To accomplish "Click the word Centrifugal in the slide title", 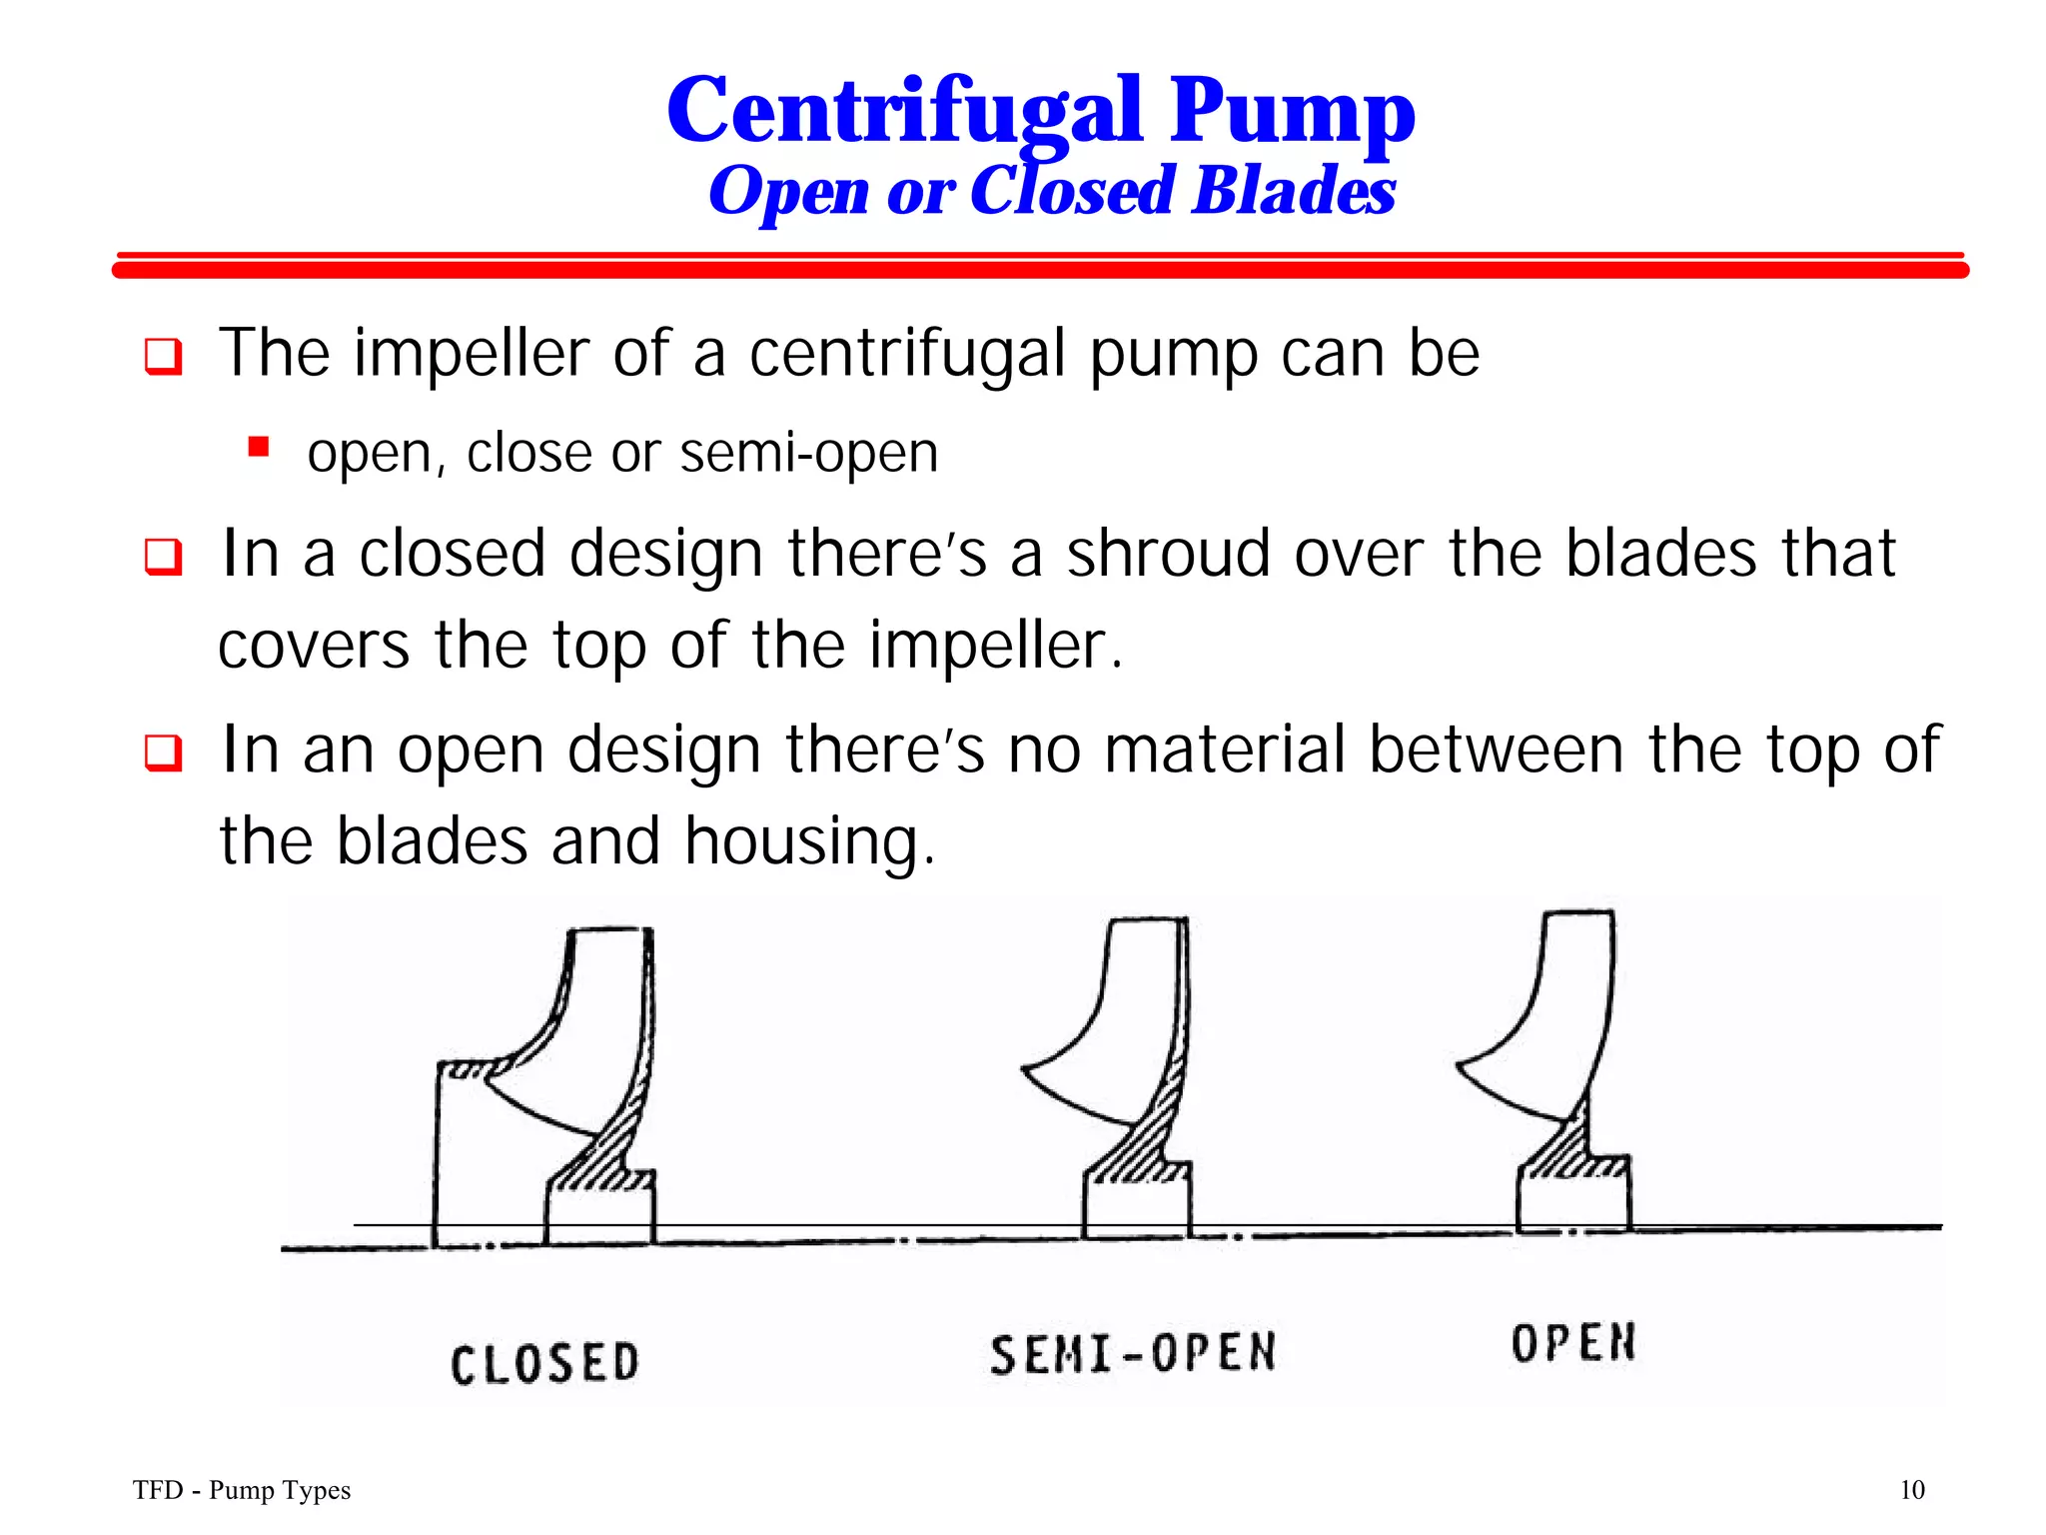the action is [904, 112].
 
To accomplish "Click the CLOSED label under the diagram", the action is [544, 1364].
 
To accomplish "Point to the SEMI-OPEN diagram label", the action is [1133, 1354].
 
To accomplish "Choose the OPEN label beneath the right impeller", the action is [1573, 1343].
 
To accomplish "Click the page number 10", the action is [1911, 1490].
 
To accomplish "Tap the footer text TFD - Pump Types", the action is [242, 1490].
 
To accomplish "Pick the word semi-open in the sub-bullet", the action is [808, 453].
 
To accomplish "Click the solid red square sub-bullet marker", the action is [260, 446].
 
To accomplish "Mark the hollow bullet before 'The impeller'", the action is [164, 357].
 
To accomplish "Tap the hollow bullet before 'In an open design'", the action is [164, 753].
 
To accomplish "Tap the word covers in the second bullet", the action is [314, 646].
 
